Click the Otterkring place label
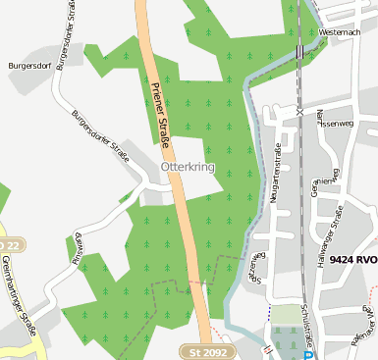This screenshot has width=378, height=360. [x=187, y=168]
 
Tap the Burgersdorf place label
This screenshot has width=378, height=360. [x=29, y=66]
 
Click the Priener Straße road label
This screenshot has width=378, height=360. [x=162, y=115]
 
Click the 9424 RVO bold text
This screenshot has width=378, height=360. [x=352, y=260]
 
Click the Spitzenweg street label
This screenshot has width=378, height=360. [x=256, y=270]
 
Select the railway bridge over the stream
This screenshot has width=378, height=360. [x=297, y=50]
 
